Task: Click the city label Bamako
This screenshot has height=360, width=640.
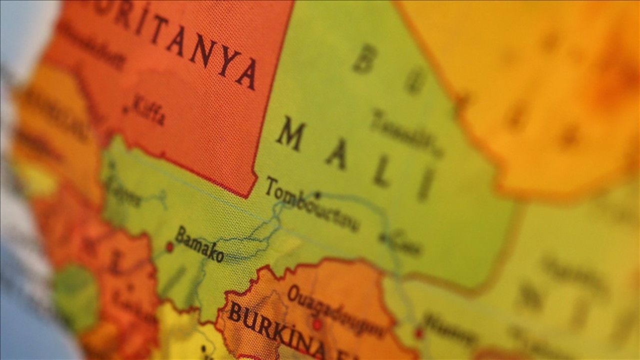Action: (x=199, y=244)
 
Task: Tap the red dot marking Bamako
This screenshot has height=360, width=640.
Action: (x=169, y=247)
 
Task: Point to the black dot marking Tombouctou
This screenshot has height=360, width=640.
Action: (x=316, y=195)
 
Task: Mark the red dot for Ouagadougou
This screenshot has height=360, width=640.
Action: (x=316, y=324)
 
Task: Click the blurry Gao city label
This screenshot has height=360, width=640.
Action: (x=405, y=243)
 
